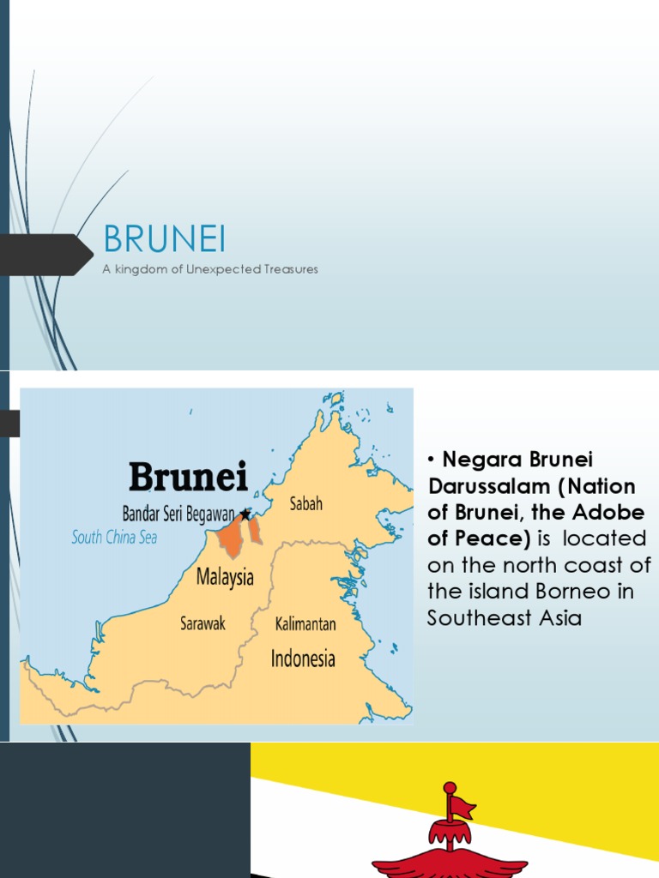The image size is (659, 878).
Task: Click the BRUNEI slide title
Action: click(164, 240)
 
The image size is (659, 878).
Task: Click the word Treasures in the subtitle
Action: click(289, 269)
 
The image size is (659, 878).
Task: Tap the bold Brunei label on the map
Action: click(188, 477)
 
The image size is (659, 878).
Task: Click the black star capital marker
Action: click(245, 514)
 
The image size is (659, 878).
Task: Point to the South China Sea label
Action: click(114, 538)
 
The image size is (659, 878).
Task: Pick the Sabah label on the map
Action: click(305, 504)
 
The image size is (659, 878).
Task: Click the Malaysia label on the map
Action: click(225, 577)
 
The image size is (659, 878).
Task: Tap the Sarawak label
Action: click(203, 623)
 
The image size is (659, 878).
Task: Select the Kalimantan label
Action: click(305, 623)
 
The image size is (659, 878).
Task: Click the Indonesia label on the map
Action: click(303, 658)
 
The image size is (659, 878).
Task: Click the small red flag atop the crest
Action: click(462, 806)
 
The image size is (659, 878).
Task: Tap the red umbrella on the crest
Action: click(450, 832)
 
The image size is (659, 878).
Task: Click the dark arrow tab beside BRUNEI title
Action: click(47, 255)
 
